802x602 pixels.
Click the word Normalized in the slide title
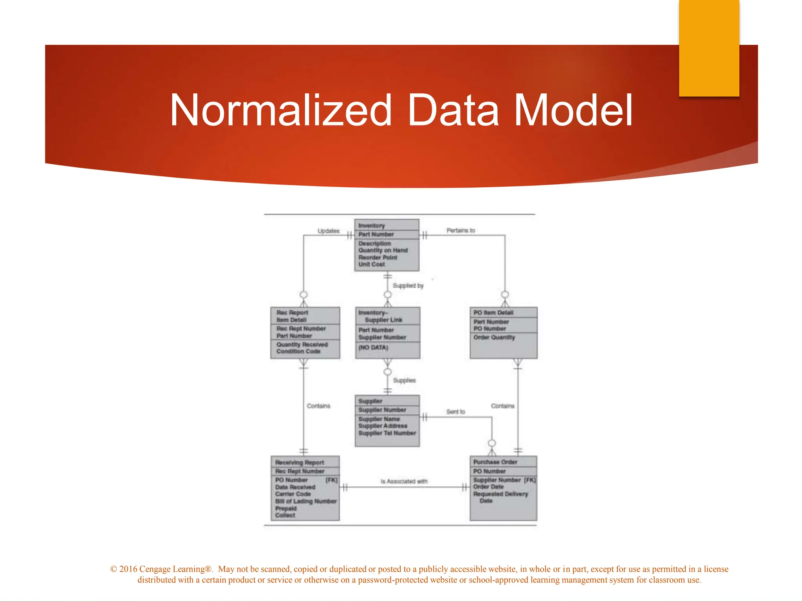280,111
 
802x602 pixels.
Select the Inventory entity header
372,225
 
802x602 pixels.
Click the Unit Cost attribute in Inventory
372,265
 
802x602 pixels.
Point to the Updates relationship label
328,231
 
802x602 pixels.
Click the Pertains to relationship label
461,230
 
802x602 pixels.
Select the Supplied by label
408,286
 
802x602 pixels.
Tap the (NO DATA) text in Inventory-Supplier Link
373,348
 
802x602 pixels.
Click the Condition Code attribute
298,352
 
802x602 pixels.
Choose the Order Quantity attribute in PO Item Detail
494,337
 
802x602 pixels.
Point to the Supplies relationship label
404,381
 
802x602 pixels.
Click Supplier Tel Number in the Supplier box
387,433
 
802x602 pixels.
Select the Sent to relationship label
455,412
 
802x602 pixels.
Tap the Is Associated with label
404,481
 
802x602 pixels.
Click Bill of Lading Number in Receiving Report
306,501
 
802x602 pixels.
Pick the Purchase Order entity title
495,462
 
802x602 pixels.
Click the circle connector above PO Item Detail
505,294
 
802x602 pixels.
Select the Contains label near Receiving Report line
318,406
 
